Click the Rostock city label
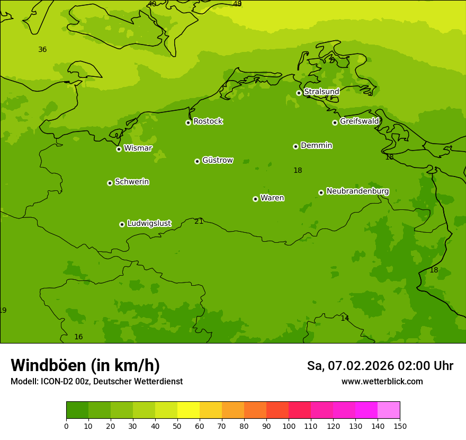coord(208,121)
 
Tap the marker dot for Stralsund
coord(299,93)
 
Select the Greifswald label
coord(359,121)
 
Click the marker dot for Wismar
coord(119,149)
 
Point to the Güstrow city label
coord(217,160)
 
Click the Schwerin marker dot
coord(110,183)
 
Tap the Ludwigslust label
coord(149,224)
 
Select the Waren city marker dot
coord(255,199)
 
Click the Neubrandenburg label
coord(357,191)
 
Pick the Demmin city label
coord(316,145)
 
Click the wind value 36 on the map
coord(42,50)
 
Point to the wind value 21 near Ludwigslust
coord(199,221)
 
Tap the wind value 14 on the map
coord(345,318)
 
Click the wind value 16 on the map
coord(78,337)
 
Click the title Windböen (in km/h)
coord(85,365)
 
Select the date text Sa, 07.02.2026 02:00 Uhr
coord(380,366)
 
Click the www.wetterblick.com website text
coord(382,382)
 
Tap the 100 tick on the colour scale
coord(289,426)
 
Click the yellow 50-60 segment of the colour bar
coord(189,410)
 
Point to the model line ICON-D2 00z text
coord(96,382)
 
